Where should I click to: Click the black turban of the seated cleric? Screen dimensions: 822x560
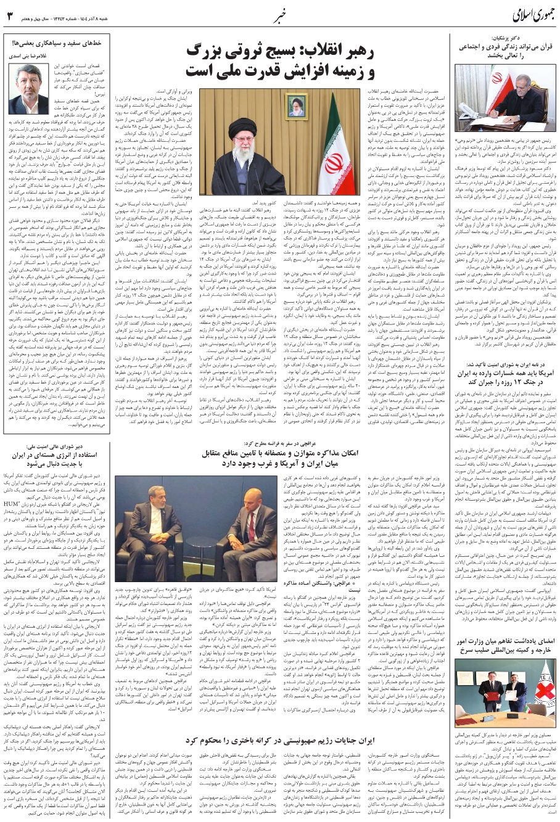(x=242, y=127)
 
